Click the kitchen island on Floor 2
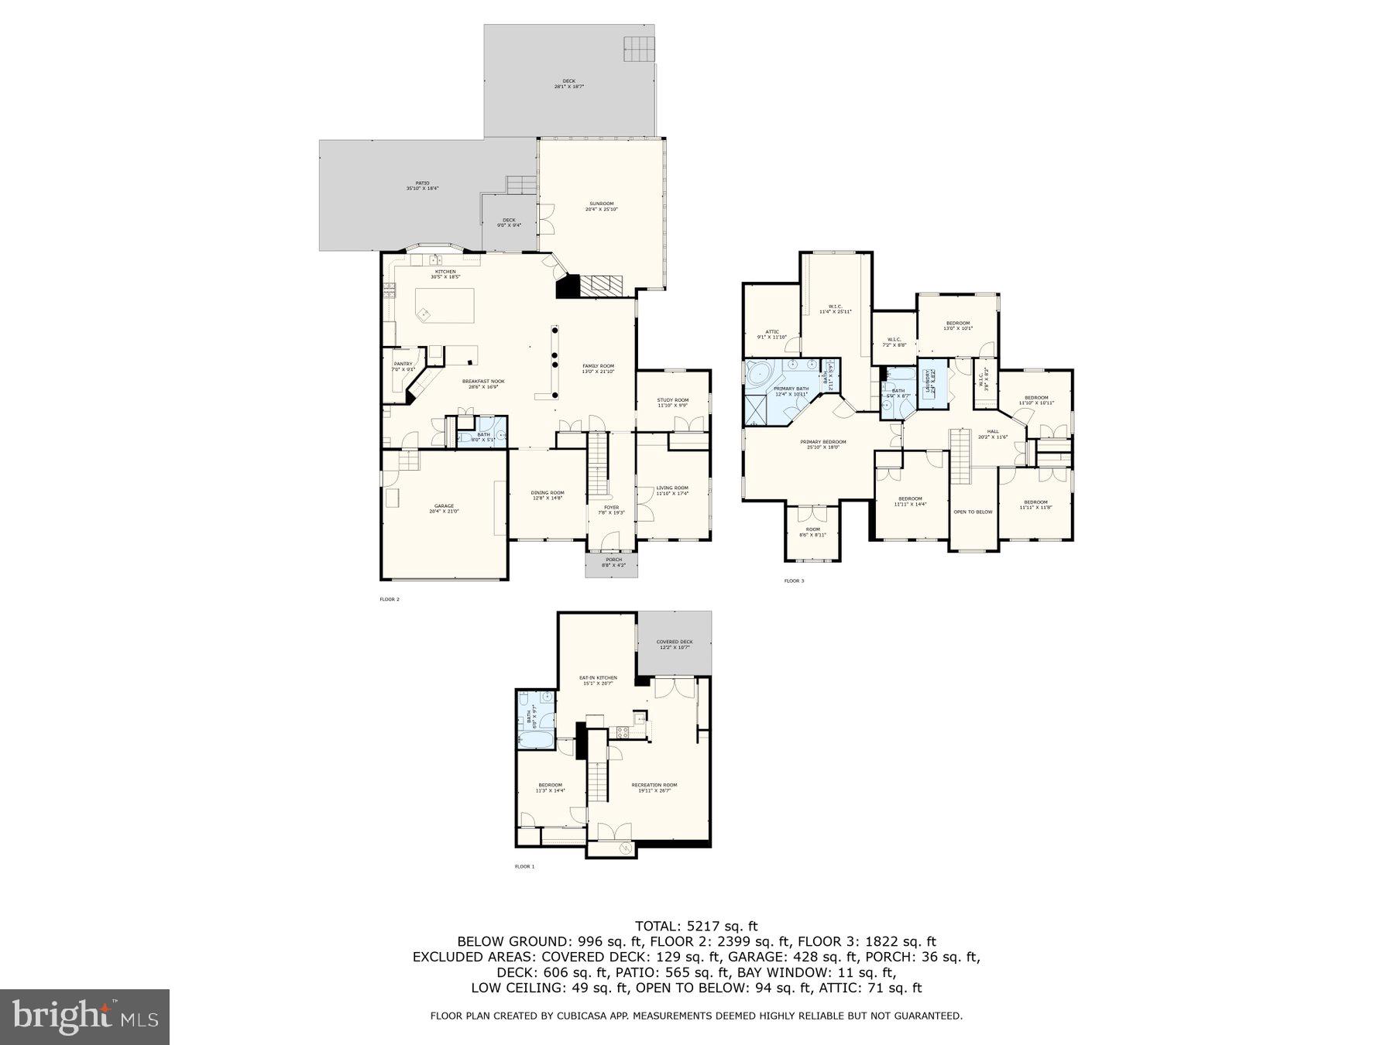tap(445, 306)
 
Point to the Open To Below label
tap(973, 512)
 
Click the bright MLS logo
tap(84, 1016)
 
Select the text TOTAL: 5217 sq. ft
tap(696, 926)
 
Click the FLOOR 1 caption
tap(524, 866)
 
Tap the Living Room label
tap(671, 490)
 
